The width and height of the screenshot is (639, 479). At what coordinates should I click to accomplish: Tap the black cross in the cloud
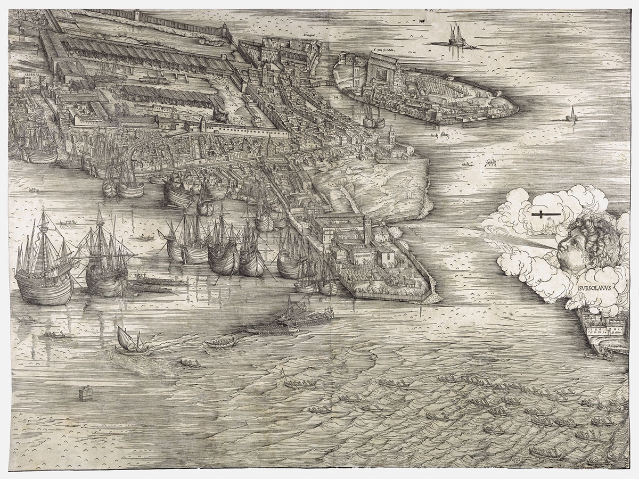(x=543, y=214)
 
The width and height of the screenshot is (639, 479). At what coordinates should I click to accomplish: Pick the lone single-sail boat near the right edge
(x=572, y=114)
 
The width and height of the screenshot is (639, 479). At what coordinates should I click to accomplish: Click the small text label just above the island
(x=384, y=53)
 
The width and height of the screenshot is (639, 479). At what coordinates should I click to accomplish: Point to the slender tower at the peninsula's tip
(x=391, y=137)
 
